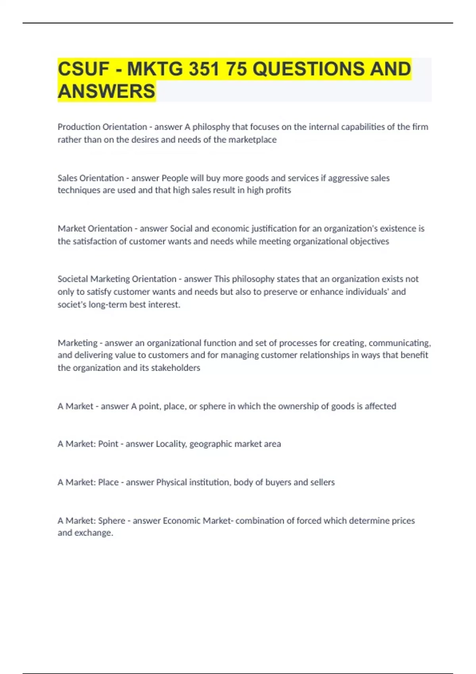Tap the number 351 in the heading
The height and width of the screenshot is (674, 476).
[x=204, y=69]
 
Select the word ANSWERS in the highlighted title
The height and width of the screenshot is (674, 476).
[x=107, y=91]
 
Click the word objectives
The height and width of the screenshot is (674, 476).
[x=369, y=241]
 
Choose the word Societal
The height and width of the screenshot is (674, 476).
[x=73, y=279]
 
